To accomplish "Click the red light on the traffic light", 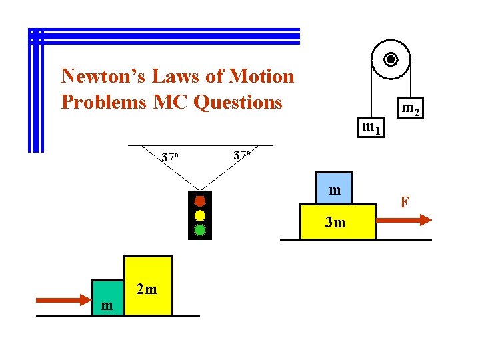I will tap(199, 201).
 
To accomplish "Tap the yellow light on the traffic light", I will tap(199, 215).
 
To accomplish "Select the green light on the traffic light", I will tap(199, 230).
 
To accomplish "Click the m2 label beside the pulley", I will tap(409, 108).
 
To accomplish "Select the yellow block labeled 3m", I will tap(337, 222).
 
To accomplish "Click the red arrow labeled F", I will tap(406, 221).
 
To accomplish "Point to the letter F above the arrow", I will tap(404, 202).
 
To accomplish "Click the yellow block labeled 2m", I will tap(148, 285).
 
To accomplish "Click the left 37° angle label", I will tap(170, 158).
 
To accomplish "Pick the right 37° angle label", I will tap(242, 155).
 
